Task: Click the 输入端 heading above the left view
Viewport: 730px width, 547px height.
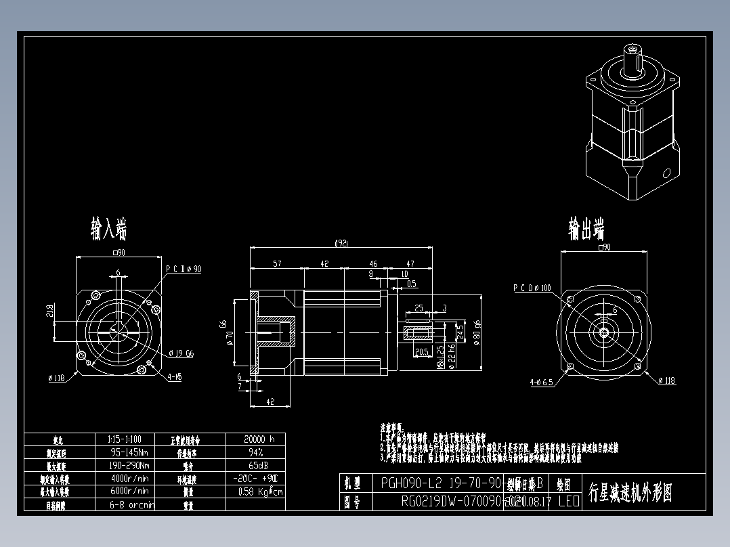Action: [x=109, y=229]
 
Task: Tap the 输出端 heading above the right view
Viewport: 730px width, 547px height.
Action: [x=586, y=229]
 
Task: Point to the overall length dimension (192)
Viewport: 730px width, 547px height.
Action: [x=342, y=243]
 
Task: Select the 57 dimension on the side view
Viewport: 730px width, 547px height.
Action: [x=278, y=264]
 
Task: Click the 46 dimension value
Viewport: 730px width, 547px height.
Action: [x=373, y=264]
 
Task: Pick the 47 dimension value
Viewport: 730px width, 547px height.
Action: [x=410, y=264]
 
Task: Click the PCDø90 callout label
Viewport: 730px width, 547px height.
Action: [x=184, y=269]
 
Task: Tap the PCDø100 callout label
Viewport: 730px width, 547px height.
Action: [x=532, y=288]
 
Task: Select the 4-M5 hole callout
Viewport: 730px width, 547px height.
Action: [x=174, y=376]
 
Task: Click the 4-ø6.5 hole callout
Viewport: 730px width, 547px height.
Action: [x=541, y=382]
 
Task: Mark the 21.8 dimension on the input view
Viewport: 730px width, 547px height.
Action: [x=50, y=311]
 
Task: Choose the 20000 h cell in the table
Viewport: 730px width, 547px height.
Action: [x=259, y=439]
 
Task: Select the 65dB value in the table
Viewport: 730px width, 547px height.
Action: [x=256, y=466]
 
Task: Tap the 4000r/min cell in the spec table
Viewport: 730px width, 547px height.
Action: [x=129, y=479]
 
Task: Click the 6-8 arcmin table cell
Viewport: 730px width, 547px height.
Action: [x=132, y=504]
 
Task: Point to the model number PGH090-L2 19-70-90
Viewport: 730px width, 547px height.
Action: [x=441, y=484]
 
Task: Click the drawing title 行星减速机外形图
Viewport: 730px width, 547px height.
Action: [x=630, y=492]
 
